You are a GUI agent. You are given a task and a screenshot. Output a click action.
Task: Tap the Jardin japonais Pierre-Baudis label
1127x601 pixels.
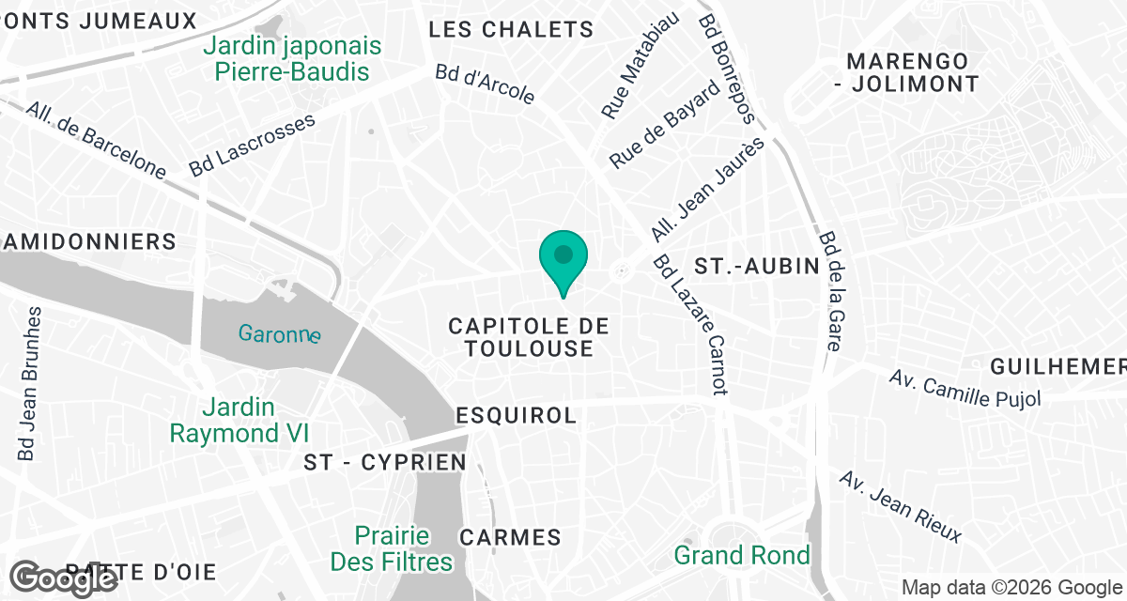[293, 58]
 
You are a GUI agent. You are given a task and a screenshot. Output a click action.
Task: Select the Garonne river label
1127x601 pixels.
[279, 333]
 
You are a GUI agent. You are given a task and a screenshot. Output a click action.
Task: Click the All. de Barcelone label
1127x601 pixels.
[96, 140]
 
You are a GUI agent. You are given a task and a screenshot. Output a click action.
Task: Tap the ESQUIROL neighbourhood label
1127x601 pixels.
[515, 415]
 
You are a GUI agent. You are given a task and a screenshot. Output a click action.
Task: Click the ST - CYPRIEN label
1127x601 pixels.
[386, 462]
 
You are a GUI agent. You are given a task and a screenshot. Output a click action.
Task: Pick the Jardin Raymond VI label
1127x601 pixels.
[239, 421]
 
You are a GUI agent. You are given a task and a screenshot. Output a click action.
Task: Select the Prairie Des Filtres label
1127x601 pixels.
[392, 549]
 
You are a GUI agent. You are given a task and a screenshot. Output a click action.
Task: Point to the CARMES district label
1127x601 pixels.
[510, 538]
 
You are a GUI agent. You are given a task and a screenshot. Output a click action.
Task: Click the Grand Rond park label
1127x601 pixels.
[742, 555]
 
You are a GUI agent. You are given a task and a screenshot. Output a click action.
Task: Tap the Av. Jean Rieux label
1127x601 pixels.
[901, 507]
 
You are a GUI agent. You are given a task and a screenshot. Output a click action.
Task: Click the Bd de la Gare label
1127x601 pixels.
[828, 291]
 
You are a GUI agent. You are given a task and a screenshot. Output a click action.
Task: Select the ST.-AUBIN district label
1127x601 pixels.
[757, 267]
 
